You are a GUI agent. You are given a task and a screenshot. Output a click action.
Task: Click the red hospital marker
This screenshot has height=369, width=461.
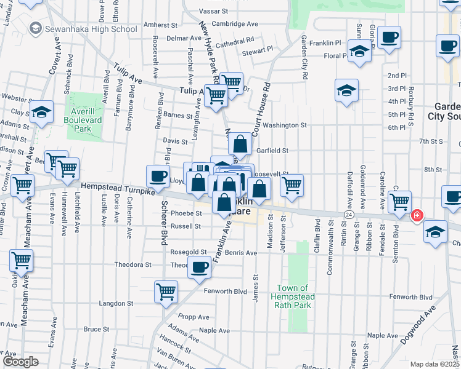point(417,215)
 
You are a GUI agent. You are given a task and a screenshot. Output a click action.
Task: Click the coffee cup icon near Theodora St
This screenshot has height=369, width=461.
point(199,266)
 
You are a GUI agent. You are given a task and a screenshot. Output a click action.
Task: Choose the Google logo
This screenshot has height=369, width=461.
point(20,362)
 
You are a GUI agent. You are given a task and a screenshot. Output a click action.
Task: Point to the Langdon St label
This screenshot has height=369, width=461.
point(116,303)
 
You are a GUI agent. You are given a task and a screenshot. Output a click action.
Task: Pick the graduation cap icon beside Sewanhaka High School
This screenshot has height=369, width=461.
point(35,28)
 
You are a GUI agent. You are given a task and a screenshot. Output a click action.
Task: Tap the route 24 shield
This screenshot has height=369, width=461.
point(348,215)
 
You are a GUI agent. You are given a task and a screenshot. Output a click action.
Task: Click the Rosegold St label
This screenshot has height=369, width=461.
point(189,252)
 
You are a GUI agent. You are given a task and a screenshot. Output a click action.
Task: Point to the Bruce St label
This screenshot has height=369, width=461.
point(96,329)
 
